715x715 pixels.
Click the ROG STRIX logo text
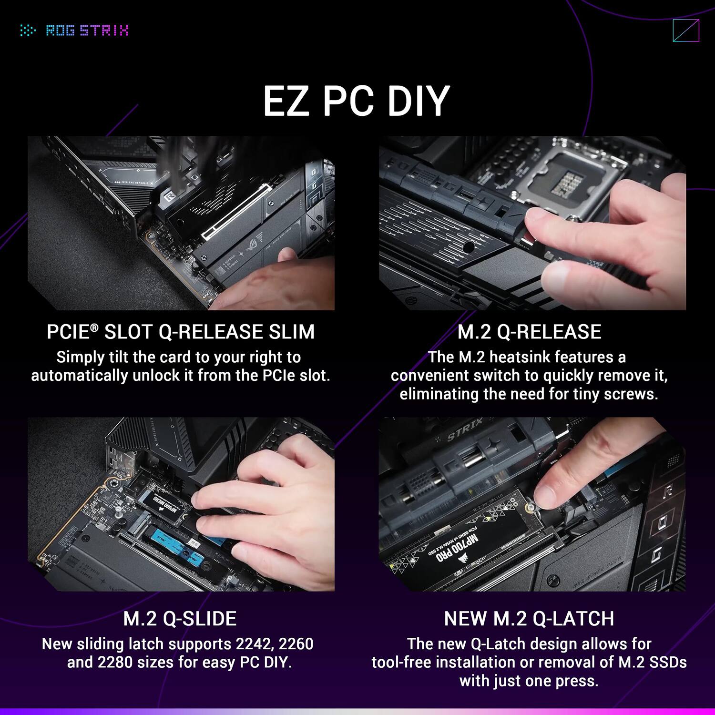tap(87, 31)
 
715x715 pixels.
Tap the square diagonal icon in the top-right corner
tap(685, 31)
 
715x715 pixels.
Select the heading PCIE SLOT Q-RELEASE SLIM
tap(181, 332)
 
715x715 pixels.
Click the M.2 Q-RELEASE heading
tap(529, 332)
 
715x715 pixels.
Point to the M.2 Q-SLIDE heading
tap(180, 619)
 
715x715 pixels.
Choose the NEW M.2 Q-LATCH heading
tap(529, 619)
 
